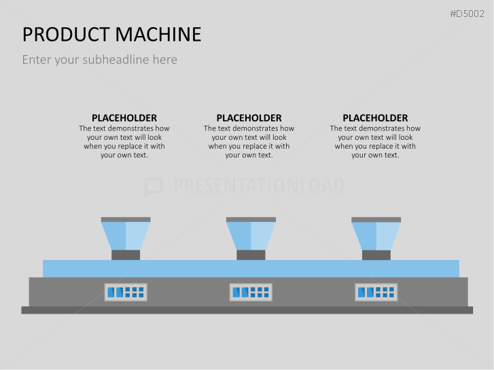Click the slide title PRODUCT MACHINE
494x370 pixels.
[111, 34]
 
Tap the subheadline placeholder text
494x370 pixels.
[99, 60]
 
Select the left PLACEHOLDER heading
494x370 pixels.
[124, 118]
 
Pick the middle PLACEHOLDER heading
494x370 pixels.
[249, 118]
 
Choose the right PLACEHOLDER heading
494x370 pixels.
[375, 118]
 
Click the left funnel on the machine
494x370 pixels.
[126, 236]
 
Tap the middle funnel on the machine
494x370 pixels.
[251, 236]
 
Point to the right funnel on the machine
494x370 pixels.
[376, 236]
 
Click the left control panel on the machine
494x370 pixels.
[126, 292]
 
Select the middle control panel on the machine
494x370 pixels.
[251, 292]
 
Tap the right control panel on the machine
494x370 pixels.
[376, 292]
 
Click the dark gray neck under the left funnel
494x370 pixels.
[126, 255]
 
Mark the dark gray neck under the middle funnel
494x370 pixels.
[251, 255]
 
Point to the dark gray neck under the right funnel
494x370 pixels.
[376, 255]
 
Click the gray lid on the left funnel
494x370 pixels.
[126, 219]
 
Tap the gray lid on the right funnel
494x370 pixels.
[376, 219]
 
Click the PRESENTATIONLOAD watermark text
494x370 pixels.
[259, 186]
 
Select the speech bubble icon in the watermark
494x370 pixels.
[154, 187]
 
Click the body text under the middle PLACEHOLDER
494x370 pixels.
[249, 141]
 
